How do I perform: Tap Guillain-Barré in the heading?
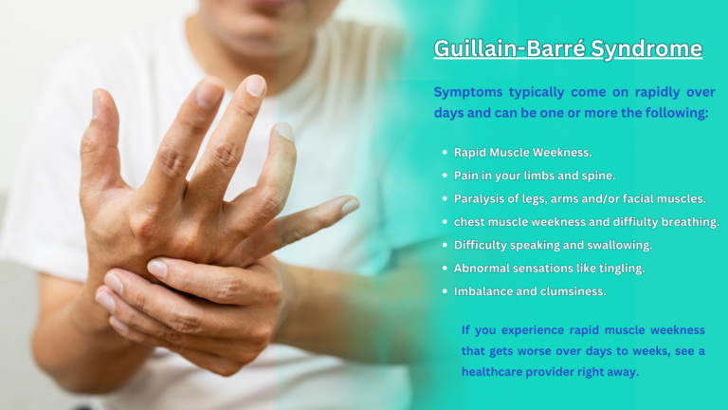click(508, 48)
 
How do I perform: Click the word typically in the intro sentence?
click(539, 92)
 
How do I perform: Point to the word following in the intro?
click(678, 113)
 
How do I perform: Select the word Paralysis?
click(481, 198)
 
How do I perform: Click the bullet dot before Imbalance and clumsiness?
click(445, 291)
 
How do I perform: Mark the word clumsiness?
click(572, 291)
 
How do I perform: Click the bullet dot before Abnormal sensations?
click(445, 269)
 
